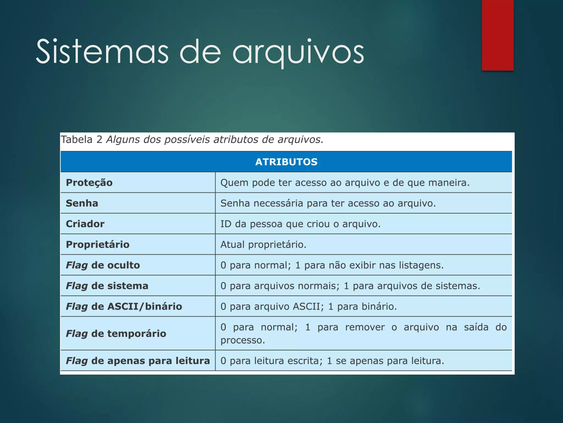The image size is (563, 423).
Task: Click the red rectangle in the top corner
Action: (x=498, y=35)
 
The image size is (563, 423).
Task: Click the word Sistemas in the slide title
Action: (x=102, y=52)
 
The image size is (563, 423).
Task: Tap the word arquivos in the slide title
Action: (x=298, y=52)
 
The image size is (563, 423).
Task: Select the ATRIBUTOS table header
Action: (x=286, y=162)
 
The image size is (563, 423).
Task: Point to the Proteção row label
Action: (x=89, y=183)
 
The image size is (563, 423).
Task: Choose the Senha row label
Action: (x=82, y=203)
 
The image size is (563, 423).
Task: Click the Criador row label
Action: (x=85, y=224)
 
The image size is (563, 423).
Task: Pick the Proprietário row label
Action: (x=98, y=245)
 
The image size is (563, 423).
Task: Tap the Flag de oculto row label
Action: (x=103, y=265)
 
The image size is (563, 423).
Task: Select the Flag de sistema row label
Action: (x=107, y=286)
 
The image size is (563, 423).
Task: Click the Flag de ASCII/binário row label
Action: (x=124, y=307)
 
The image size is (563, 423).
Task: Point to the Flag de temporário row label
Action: (x=116, y=333)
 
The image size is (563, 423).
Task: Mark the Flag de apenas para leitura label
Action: (x=138, y=361)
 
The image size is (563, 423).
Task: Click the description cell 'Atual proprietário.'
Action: (x=263, y=245)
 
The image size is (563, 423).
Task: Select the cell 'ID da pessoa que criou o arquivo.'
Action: (x=300, y=224)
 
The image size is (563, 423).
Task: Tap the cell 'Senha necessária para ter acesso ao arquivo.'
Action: (x=328, y=203)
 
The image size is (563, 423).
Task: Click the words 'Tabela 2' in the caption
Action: (x=81, y=140)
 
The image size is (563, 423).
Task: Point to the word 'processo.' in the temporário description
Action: (x=243, y=340)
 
